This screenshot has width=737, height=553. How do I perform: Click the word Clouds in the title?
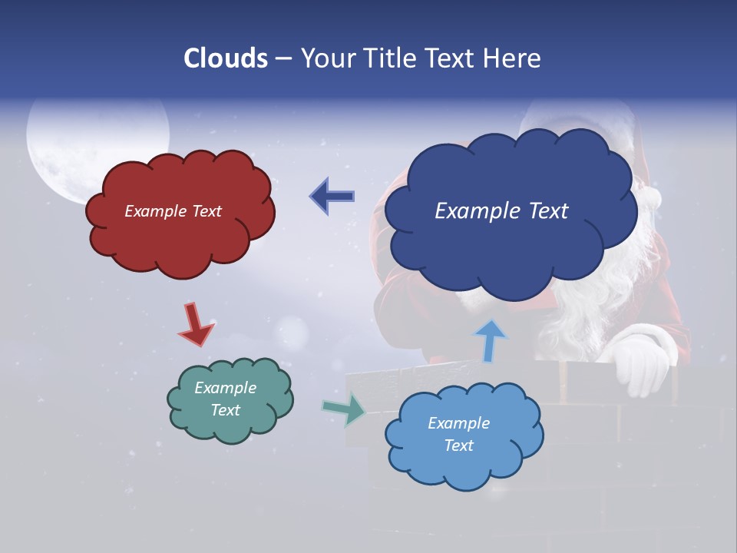(225, 58)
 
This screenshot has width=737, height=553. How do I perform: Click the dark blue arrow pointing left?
(332, 197)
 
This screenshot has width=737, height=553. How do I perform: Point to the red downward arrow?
(196, 323)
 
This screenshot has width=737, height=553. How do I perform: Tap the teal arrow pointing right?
(345, 409)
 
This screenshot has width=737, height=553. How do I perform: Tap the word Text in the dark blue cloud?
(544, 211)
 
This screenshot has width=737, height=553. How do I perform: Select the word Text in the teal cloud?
(226, 410)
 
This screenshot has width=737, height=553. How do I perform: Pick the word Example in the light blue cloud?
(458, 423)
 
